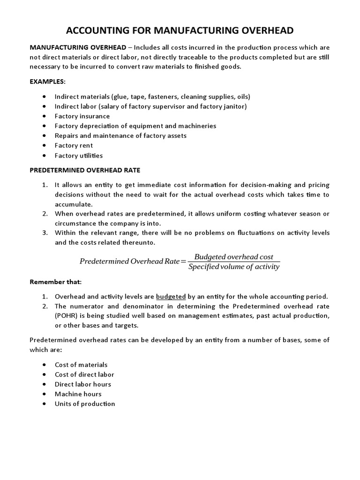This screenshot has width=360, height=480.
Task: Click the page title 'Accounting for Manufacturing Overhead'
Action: pos(180,31)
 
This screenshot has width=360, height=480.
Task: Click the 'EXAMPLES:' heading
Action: pos(48,81)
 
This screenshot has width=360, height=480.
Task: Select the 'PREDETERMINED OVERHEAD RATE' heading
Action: pos(85,170)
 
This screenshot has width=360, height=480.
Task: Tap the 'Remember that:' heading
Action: pos(55,282)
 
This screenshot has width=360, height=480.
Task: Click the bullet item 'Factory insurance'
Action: pos(82,116)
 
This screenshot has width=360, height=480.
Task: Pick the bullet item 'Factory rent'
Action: pos(74,145)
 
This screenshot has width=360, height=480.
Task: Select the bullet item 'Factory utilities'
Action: pos(78,155)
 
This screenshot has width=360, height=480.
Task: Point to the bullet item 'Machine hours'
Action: pos(78,394)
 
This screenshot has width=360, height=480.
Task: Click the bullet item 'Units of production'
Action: pos(84,404)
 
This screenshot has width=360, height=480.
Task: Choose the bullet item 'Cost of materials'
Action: pos(81,364)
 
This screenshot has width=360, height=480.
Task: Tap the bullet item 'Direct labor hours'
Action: pos(83,384)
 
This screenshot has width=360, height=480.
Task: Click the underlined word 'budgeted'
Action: pos(171,296)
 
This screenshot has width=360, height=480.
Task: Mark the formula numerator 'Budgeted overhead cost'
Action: pos(233,256)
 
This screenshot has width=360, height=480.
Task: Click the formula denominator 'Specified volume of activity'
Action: pos(233,267)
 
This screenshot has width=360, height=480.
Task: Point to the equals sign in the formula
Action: pos(183,262)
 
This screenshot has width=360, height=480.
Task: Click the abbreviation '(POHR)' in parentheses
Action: pos(67,316)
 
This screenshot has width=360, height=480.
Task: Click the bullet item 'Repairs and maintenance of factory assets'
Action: pos(120,135)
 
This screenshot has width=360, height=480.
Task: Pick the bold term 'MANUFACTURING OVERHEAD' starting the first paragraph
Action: pos(78,47)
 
